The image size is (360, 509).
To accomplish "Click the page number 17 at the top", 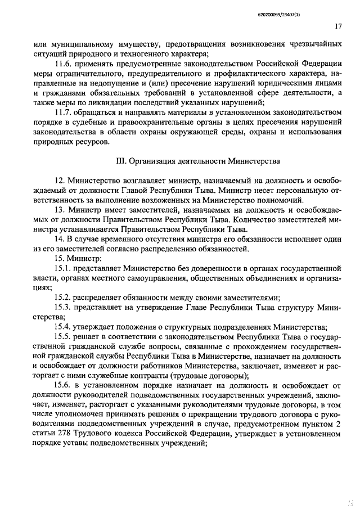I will [338, 26].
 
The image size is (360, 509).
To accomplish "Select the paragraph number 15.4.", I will [64, 327].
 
